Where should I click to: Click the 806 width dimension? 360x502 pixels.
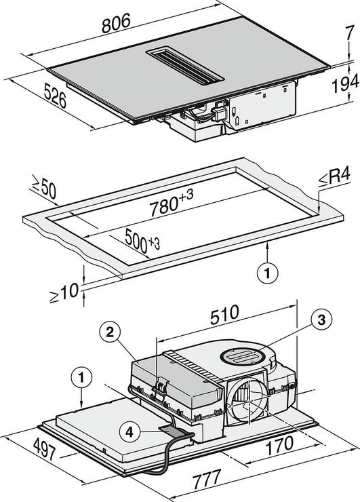point(116,23)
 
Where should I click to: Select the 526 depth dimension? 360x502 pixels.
point(55,95)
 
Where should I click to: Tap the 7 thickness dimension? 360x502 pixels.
point(350,33)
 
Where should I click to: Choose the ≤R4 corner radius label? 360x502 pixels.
point(334,177)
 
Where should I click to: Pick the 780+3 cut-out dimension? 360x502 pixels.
point(172,203)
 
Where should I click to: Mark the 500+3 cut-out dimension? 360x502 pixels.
point(142,239)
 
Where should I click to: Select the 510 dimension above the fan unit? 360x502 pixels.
point(224,315)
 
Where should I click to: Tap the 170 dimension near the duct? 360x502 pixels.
point(279,446)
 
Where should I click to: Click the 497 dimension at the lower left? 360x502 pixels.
point(45,449)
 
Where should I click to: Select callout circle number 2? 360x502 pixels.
point(110,332)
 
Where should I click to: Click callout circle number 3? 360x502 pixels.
point(321,320)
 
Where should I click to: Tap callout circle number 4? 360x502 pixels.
point(129,432)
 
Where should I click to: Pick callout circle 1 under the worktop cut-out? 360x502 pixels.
point(268,273)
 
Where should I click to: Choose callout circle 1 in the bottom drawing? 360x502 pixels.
point(81,378)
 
